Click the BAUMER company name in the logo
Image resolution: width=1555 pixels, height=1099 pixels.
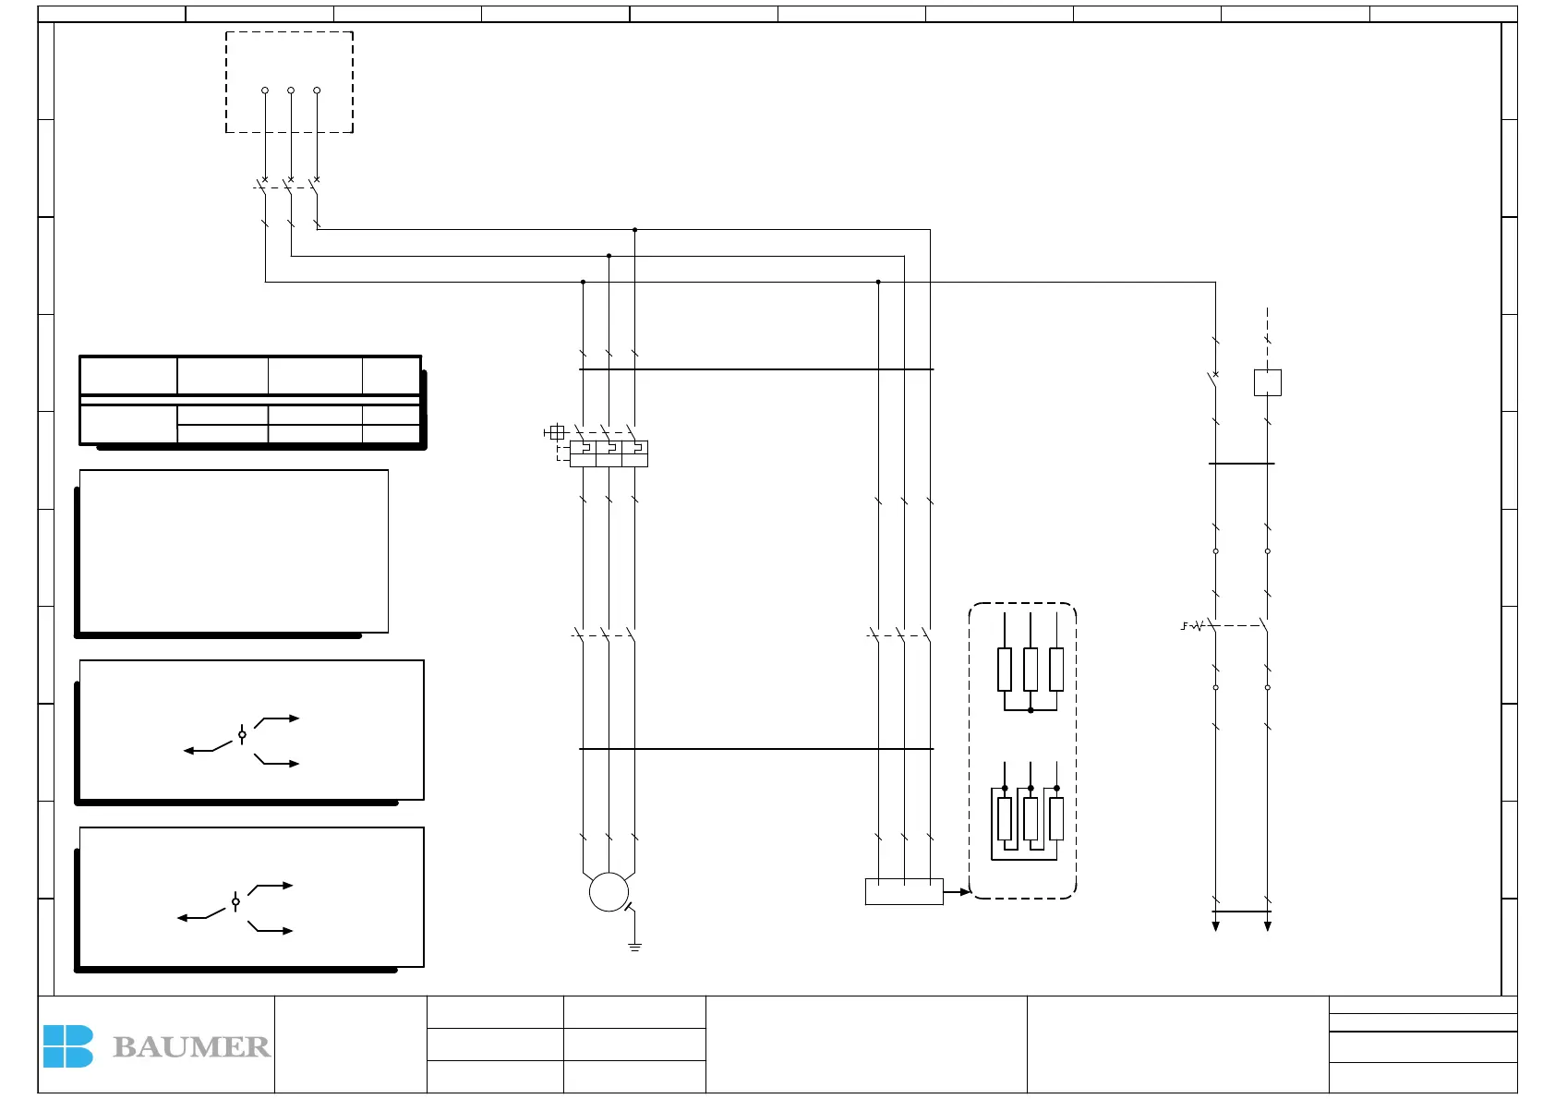click(191, 1046)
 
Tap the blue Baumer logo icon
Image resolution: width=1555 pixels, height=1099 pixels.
click(67, 1046)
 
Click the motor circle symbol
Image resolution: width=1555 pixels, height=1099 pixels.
click(609, 892)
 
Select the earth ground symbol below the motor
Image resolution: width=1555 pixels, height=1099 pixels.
click(634, 947)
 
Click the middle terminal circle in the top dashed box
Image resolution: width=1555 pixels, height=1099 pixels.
click(291, 91)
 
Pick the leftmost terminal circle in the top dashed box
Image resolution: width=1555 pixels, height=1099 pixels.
click(265, 91)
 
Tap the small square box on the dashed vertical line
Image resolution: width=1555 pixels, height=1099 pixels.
click(1268, 382)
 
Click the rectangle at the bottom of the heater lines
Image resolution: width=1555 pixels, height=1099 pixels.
click(904, 891)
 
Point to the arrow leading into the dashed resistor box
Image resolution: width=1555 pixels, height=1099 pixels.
click(958, 891)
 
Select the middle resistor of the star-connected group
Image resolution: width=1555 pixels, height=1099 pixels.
click(1031, 669)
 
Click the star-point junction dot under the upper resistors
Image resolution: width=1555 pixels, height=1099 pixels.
click(1031, 710)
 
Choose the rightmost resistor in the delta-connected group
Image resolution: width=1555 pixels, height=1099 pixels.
click(1056, 819)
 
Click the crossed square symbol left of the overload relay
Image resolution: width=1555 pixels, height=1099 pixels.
click(556, 432)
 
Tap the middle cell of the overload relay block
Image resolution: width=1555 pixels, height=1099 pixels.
click(609, 453)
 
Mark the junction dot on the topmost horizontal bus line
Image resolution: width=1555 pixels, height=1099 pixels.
click(634, 229)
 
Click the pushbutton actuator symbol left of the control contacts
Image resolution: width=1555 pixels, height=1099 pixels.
click(1191, 626)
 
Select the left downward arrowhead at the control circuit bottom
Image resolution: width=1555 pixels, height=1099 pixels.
click(1216, 926)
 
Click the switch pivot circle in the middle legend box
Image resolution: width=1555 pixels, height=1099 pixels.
click(242, 735)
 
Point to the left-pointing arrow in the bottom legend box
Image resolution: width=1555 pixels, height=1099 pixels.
click(184, 918)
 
